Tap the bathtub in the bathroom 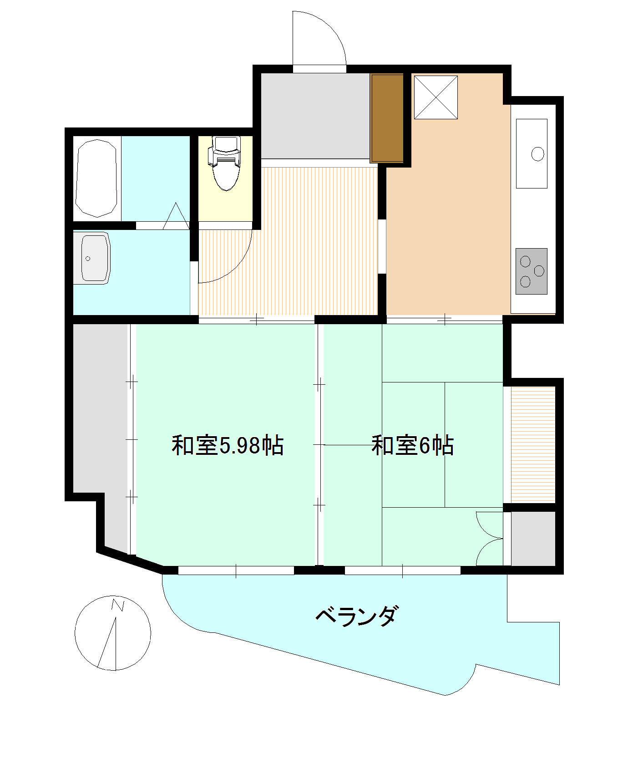point(96,178)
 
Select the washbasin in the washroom point(95,258)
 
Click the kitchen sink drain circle point(538,154)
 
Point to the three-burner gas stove point(531,271)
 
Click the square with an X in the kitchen point(436,97)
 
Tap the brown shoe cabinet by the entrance point(387,118)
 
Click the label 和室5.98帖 point(228,446)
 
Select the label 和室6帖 point(412,446)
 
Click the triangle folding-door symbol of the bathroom point(176,216)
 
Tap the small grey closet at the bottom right point(533,539)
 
